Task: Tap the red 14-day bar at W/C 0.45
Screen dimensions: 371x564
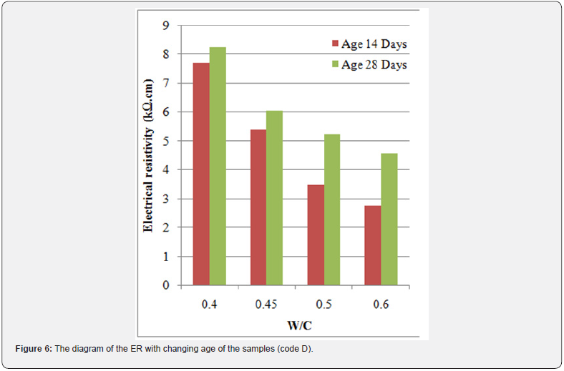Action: point(258,207)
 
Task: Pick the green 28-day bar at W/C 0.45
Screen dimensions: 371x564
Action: point(275,198)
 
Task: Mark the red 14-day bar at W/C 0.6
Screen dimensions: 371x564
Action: point(373,245)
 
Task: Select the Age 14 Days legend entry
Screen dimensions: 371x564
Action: point(369,44)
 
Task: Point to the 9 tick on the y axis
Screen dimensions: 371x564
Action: point(167,26)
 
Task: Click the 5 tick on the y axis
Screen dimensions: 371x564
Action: point(167,141)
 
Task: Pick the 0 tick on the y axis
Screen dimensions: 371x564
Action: point(167,285)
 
